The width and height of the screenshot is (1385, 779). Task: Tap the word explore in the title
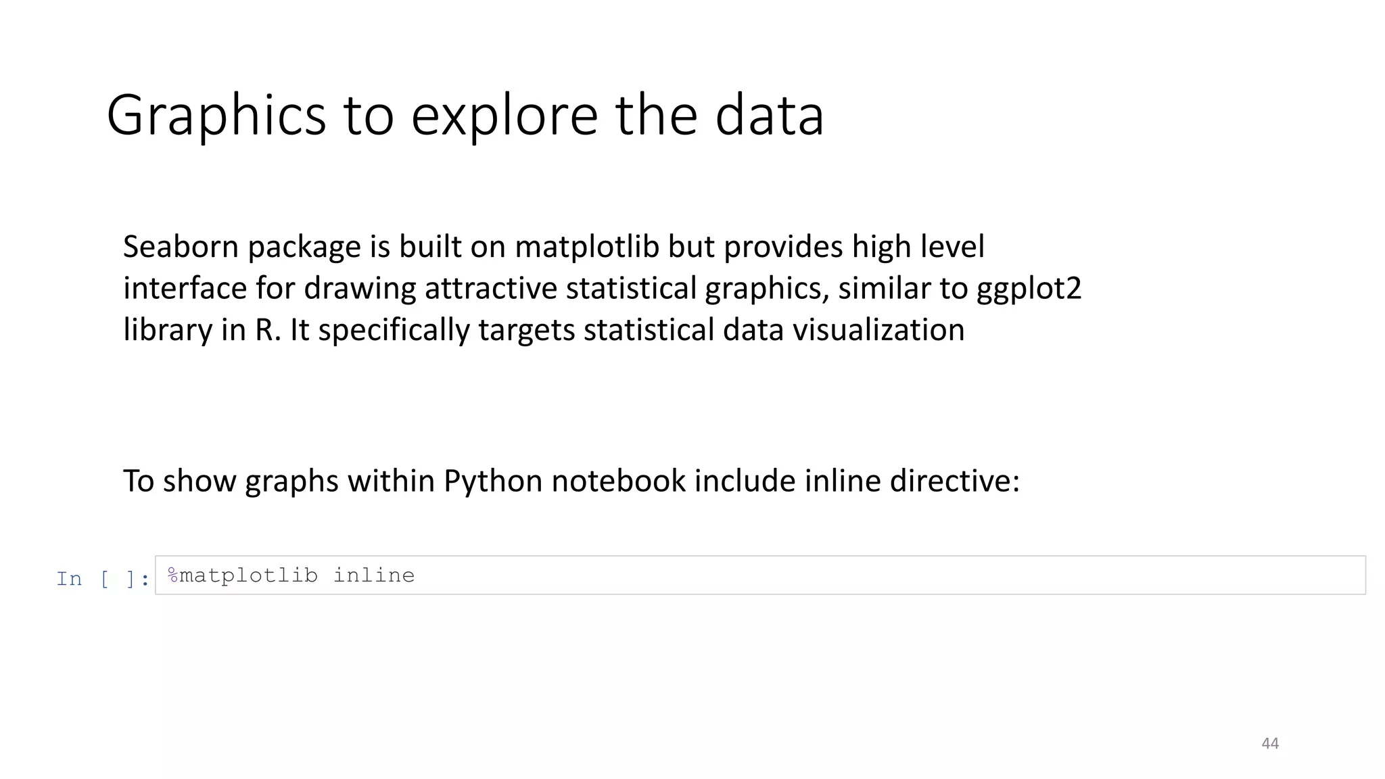point(504,116)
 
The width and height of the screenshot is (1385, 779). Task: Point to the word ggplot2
point(1029,289)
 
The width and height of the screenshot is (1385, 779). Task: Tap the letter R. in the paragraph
point(267,330)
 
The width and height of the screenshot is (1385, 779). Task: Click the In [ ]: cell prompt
point(103,579)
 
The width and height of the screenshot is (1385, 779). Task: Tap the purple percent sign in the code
point(173,575)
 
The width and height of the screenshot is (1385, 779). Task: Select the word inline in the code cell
point(374,575)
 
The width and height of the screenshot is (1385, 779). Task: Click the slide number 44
point(1270,744)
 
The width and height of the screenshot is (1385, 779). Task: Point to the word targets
point(526,331)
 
